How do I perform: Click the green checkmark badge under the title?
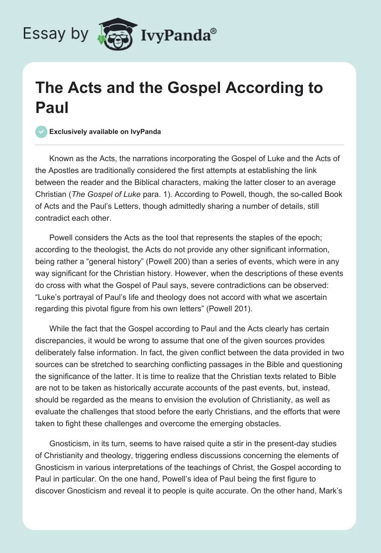point(41,132)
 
